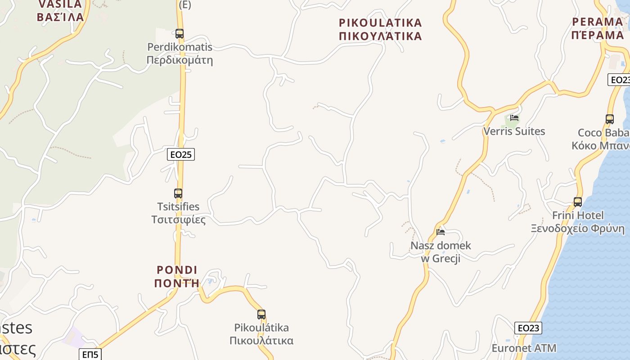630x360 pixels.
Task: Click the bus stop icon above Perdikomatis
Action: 180,34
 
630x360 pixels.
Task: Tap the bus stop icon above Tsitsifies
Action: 178,193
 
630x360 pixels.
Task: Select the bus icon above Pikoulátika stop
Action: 261,315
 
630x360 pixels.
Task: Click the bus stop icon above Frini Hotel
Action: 578,202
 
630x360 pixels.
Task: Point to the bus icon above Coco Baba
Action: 610,119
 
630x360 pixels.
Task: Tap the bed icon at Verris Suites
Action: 514,118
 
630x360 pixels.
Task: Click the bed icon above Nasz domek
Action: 441,232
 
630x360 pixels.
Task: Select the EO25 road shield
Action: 181,154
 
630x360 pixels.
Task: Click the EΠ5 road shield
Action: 90,355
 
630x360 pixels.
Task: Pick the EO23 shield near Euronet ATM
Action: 528,328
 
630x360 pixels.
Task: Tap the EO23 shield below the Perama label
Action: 619,80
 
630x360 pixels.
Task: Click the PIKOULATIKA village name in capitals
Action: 380,23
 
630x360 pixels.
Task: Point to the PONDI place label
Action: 177,270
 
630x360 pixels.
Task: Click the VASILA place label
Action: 60,4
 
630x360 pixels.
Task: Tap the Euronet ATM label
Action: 524,348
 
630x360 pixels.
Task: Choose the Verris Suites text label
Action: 514,131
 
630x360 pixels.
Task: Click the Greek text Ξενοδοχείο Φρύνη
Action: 578,229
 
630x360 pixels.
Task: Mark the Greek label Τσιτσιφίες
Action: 178,220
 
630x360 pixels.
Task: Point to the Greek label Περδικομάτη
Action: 180,60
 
